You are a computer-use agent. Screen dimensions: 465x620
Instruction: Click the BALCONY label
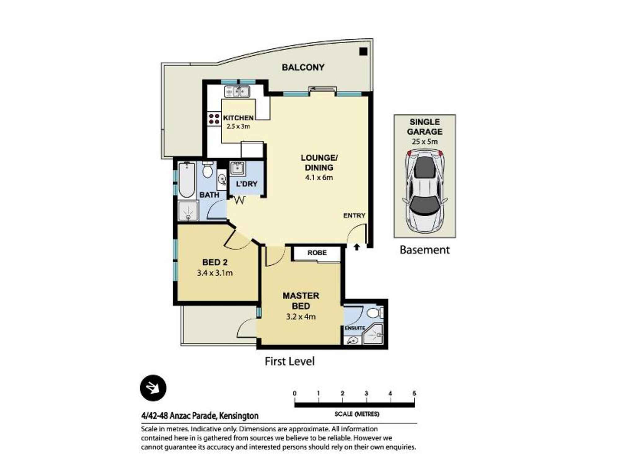coord(303,67)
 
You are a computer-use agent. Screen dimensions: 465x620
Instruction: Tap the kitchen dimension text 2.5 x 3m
coord(238,126)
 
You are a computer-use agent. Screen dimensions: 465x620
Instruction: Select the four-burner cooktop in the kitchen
coord(214,119)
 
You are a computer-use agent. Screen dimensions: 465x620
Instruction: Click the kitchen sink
coord(237,92)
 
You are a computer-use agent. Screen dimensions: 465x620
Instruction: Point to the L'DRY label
coord(247,184)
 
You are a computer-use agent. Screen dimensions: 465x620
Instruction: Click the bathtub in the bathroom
coord(187,180)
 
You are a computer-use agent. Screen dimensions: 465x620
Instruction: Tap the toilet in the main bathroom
coord(207,170)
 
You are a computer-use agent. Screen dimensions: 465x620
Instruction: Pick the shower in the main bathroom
coord(188,211)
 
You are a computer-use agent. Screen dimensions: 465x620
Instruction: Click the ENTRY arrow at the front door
coord(357,247)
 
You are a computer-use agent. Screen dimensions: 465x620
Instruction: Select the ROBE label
coord(317,253)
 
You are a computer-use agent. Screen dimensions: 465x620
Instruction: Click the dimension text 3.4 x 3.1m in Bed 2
coord(215,273)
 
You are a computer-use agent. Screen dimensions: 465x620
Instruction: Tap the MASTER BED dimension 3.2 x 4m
coord(301,317)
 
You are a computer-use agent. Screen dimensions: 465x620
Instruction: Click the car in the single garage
coord(425,191)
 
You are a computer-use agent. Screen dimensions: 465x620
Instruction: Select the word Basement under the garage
coord(424,250)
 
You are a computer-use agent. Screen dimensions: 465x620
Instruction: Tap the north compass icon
coord(153,388)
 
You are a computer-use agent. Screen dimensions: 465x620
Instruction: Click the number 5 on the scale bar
coord(414,393)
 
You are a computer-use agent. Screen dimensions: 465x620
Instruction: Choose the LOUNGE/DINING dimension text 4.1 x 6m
coord(319,177)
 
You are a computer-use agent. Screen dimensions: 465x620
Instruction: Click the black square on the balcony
coord(363,51)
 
